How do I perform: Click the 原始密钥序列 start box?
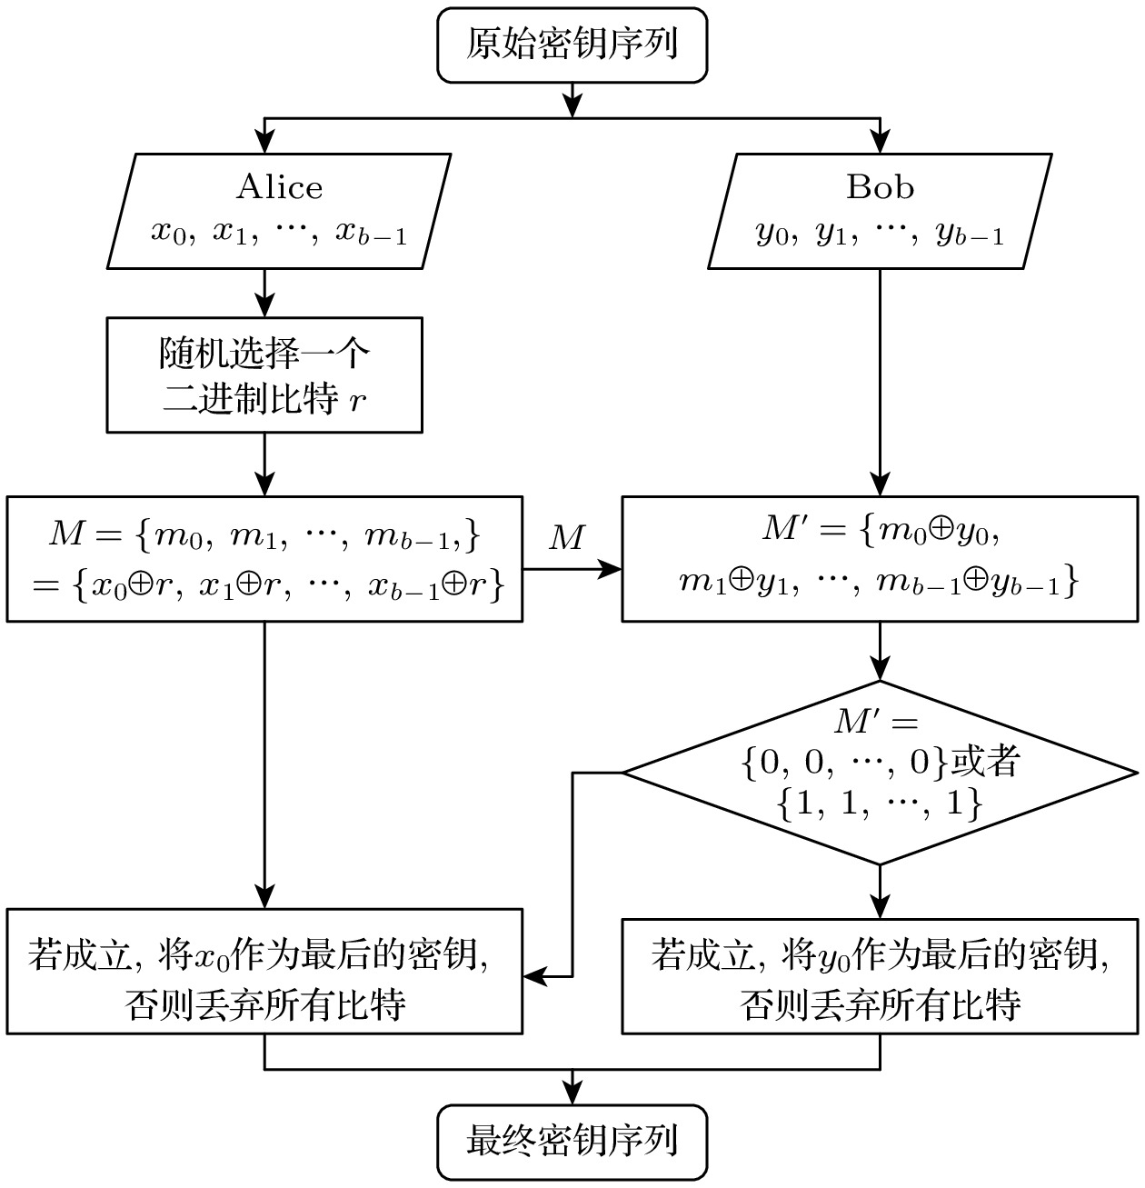click(x=572, y=45)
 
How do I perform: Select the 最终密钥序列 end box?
click(x=572, y=1142)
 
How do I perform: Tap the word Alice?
click(x=279, y=187)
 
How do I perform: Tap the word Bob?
click(x=880, y=187)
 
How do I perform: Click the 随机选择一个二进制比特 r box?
click(x=264, y=374)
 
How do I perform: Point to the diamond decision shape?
click(x=880, y=773)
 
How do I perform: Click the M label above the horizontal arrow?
click(x=567, y=538)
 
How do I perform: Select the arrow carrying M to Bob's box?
click(x=572, y=570)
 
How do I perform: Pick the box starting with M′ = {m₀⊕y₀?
click(x=880, y=559)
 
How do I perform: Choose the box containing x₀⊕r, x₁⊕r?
click(x=264, y=559)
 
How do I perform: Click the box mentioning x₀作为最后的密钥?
click(x=264, y=971)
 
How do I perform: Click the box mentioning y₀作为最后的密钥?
click(x=880, y=971)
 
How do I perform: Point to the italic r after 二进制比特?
click(x=359, y=402)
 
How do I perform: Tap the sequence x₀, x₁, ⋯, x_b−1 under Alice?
click(x=279, y=234)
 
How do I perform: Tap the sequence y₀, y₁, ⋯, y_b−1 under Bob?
click(x=880, y=234)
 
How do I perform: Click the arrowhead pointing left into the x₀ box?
click(x=535, y=977)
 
